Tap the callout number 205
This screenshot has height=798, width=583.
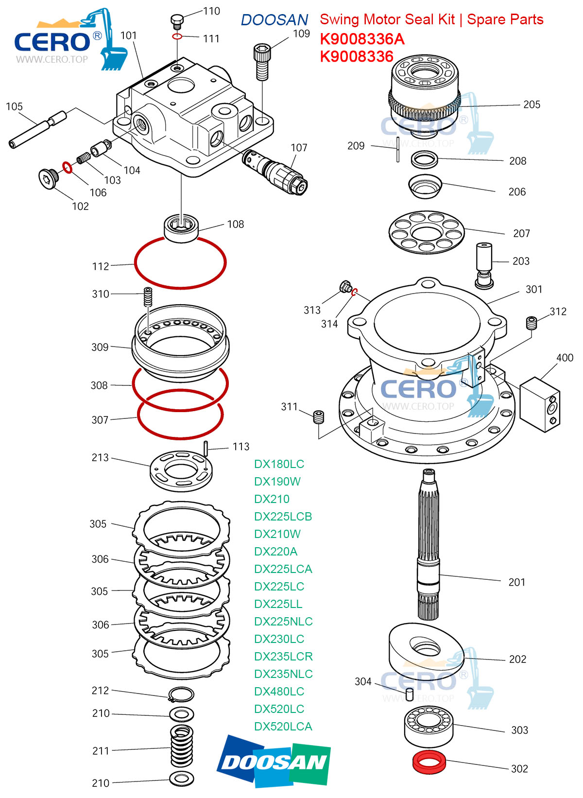click(532, 104)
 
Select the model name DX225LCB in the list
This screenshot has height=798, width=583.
click(283, 517)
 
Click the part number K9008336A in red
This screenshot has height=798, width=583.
click(362, 39)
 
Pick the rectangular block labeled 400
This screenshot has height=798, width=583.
click(540, 404)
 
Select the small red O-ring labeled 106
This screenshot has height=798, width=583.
click(68, 168)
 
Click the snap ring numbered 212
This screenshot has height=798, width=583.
click(181, 694)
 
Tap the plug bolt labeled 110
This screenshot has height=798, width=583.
click(177, 21)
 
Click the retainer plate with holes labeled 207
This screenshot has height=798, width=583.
click(426, 232)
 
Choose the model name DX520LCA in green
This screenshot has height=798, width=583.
click(283, 727)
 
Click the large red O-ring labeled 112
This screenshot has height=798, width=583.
click(180, 263)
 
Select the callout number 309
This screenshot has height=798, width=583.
click(100, 347)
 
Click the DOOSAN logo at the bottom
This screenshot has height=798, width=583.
click(274, 761)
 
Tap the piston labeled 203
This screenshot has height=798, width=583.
click(484, 265)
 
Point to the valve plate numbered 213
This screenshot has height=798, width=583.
click(181, 470)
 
